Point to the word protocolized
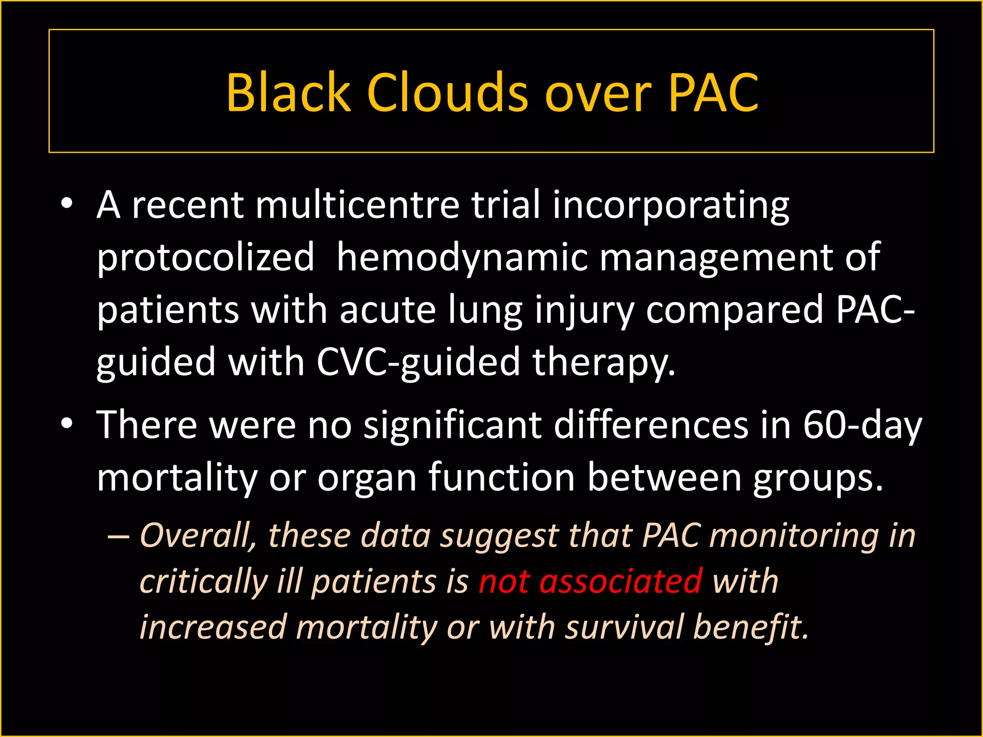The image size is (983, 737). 205,258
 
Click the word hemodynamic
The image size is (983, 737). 462,258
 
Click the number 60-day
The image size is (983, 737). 863,425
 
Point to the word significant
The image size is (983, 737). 453,425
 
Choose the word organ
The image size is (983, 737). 367,478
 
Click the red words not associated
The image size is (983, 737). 590,581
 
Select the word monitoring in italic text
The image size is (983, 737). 794,536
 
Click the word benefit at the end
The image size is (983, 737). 751,627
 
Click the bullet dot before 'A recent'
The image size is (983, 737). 67,204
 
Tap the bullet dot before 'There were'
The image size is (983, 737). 67,424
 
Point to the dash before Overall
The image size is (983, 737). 119,536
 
